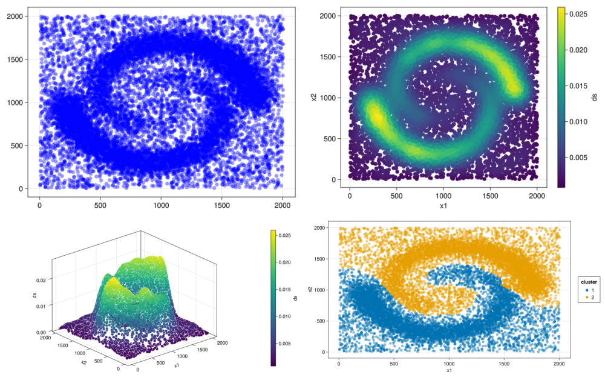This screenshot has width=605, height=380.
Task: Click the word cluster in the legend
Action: coord(589,282)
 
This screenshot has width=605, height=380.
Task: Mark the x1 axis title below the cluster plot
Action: coord(449,370)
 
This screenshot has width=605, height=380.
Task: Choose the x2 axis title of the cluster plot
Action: coord(310,290)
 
